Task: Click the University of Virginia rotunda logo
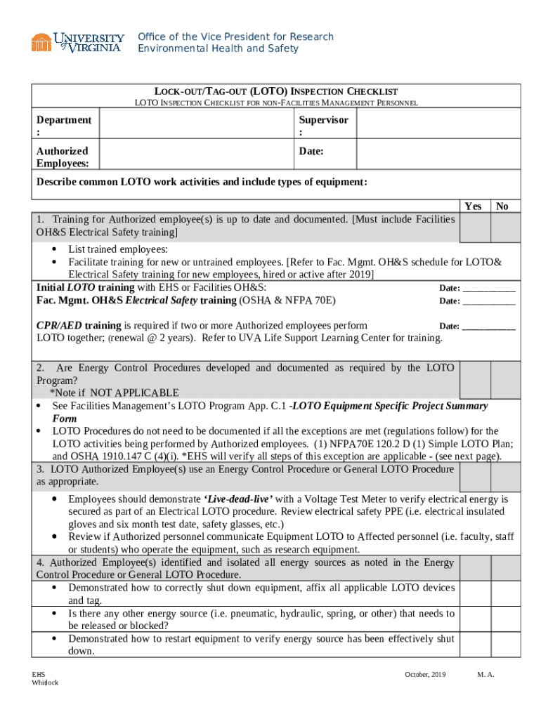pos(41,42)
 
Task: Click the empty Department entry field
pos(198,126)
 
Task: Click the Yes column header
pos(473,206)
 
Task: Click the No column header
pos(502,206)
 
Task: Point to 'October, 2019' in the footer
pos(425,675)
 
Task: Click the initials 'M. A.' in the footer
pos(486,675)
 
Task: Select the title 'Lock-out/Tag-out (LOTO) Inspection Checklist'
pos(276,91)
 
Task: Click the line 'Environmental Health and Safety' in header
pos(218,48)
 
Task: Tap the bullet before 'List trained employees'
pos(56,249)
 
